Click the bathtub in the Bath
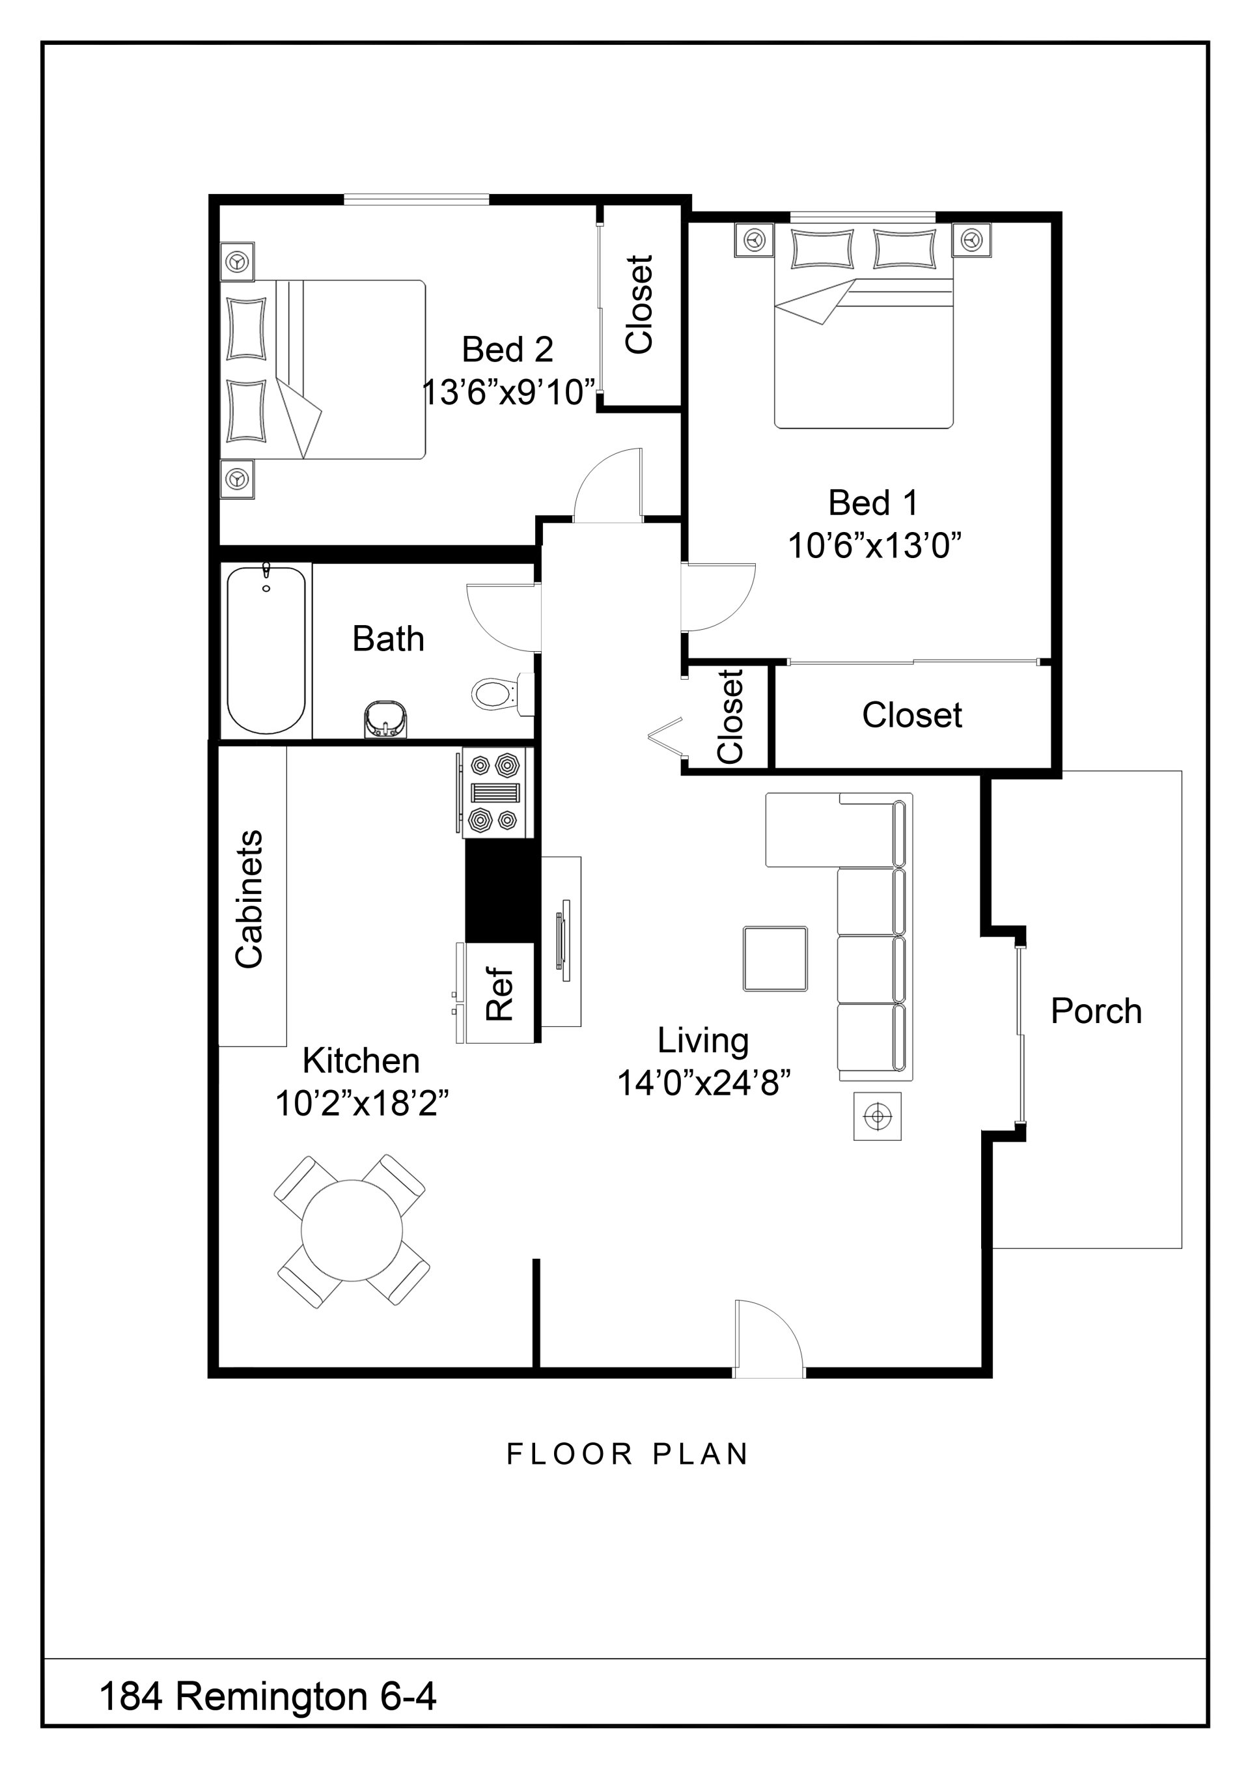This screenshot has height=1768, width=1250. coord(266,651)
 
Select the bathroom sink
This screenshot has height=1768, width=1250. coord(385,719)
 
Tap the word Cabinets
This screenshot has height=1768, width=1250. coord(249,899)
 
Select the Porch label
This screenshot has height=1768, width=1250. coord(1096,1011)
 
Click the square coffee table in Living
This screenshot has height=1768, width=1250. coord(775,959)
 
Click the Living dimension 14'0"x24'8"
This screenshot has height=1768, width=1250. coord(704,1084)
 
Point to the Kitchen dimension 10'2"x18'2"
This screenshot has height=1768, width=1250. coord(362,1104)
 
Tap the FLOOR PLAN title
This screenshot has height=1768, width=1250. coord(628,1454)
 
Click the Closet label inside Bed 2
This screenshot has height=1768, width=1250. coord(639,304)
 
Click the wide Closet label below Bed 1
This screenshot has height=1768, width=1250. coord(912,716)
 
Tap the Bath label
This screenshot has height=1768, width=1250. coord(389,639)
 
